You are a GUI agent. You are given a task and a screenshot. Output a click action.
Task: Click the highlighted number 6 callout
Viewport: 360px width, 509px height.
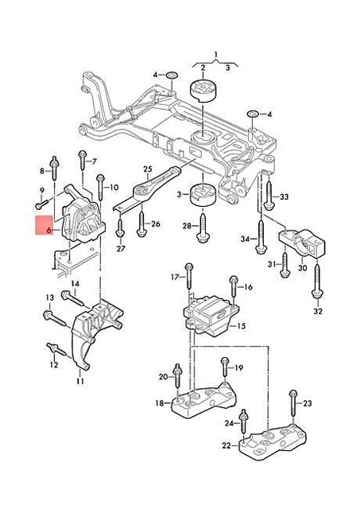[x=48, y=229]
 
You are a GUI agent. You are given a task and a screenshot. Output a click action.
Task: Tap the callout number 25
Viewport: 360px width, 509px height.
[x=147, y=169]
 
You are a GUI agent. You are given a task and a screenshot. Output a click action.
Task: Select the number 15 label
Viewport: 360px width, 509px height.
[x=242, y=326]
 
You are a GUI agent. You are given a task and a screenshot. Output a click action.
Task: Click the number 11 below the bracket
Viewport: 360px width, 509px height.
[x=79, y=382]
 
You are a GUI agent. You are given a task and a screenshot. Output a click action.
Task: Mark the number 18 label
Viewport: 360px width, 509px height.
[x=160, y=404]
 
